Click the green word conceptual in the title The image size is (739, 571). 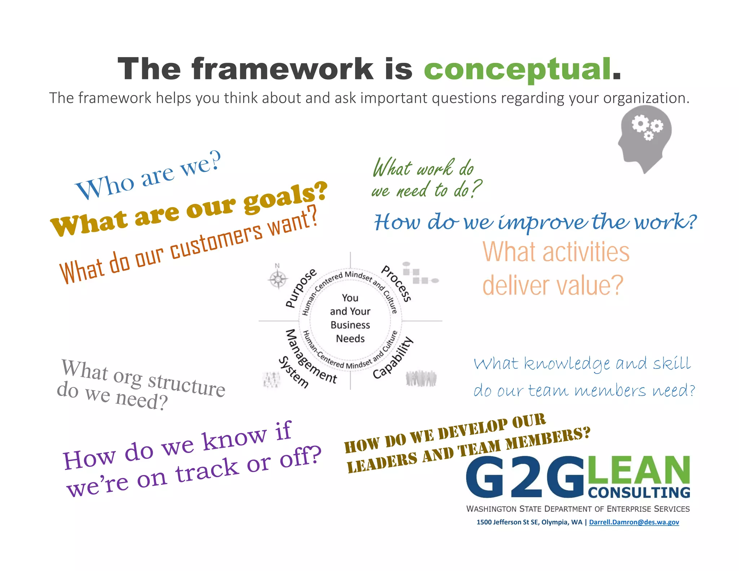point(517,69)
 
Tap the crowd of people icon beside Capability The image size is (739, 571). point(421,378)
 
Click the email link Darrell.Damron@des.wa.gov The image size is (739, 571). point(634,522)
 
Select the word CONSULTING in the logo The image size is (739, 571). point(639,493)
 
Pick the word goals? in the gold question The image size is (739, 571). point(285,197)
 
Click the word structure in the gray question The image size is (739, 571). point(187,384)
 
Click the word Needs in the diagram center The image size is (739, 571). point(350,339)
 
